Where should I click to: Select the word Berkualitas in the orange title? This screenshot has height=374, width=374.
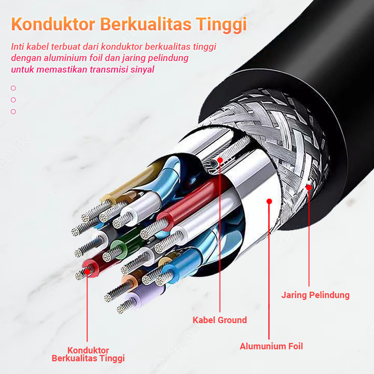tap(148, 24)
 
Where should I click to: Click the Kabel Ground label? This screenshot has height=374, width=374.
tap(220, 320)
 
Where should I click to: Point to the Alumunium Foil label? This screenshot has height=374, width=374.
tap(271, 346)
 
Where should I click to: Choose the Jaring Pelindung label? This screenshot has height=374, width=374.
tap(315, 295)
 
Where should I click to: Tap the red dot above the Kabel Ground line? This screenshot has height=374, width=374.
tap(220, 160)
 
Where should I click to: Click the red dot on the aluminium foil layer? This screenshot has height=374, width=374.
tap(269, 201)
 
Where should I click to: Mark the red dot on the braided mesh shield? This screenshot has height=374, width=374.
tap(309, 187)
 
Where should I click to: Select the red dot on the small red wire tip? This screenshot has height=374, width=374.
tap(87, 271)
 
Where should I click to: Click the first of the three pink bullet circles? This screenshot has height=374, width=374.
tap(13, 88)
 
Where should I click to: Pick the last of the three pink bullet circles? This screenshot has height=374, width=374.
tap(13, 111)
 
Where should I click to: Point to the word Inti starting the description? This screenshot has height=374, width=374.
tap(16, 47)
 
